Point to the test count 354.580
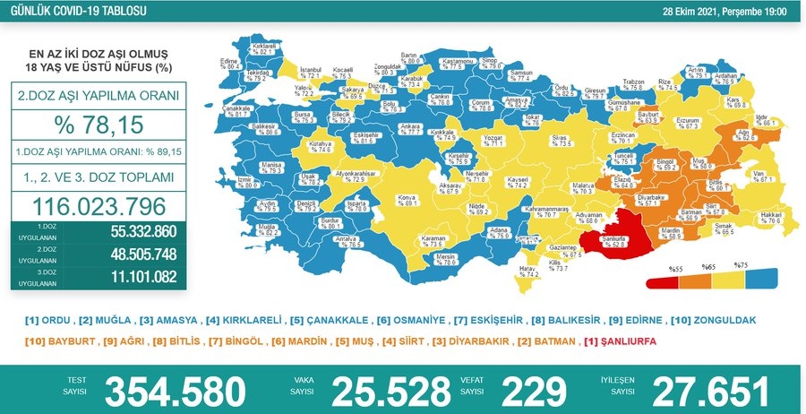[x=176, y=392]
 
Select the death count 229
[x=535, y=392]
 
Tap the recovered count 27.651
[x=710, y=392]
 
